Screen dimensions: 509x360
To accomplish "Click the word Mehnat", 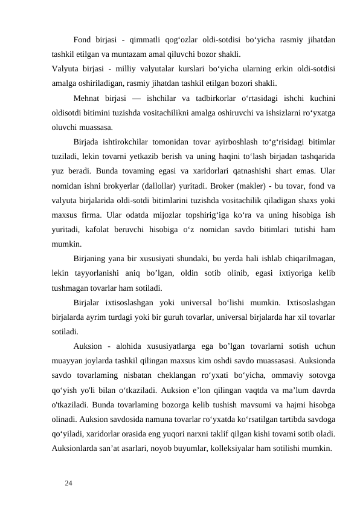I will [x=89, y=99].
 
